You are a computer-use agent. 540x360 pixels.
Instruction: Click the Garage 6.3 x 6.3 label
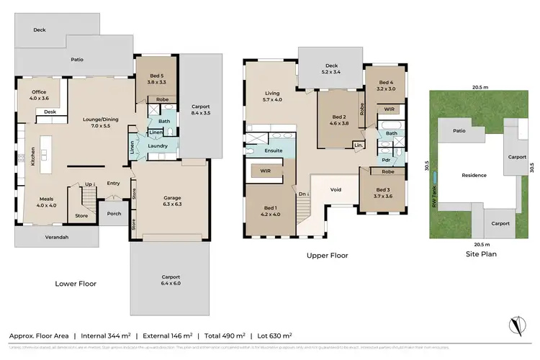[x=171, y=199]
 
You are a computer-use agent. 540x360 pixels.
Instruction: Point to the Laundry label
[x=158, y=146]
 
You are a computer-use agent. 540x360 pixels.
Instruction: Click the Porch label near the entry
[x=113, y=213]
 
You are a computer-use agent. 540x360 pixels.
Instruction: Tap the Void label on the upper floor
[x=336, y=189]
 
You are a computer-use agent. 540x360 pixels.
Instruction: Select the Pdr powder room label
[x=385, y=160]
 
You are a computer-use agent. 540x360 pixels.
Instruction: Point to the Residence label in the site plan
[x=474, y=175]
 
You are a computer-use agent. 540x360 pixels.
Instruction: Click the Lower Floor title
[x=76, y=283]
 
